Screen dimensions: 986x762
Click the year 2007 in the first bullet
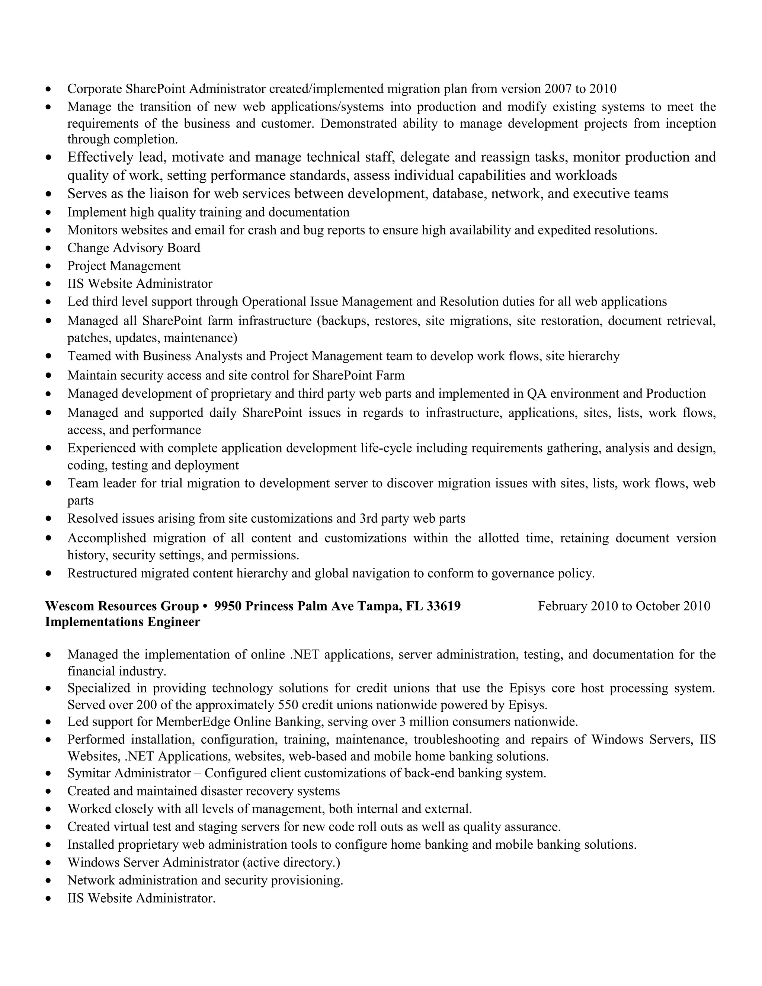click(x=557, y=89)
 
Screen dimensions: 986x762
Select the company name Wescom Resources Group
click(x=122, y=606)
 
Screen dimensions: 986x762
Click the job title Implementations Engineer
click(x=122, y=622)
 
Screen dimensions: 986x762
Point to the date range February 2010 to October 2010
click(x=624, y=606)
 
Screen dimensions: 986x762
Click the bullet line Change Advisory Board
click(x=134, y=248)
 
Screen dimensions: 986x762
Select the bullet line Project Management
click(x=124, y=266)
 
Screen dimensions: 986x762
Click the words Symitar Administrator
click(x=129, y=774)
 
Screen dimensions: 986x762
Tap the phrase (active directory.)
click(x=291, y=862)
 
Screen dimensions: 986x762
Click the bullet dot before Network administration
click(x=49, y=881)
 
